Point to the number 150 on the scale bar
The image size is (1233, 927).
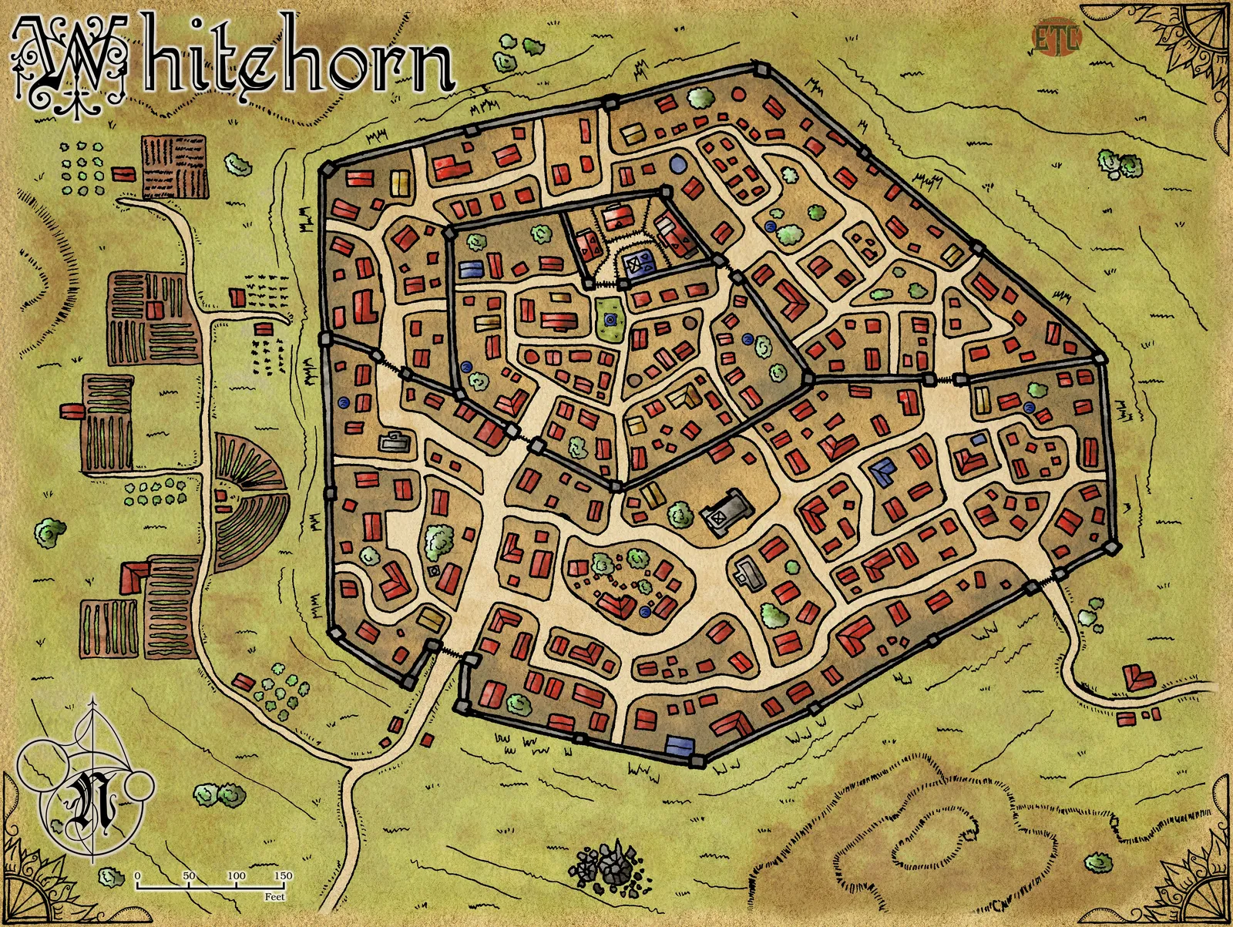coord(283,876)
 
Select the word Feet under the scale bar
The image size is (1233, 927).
coord(274,897)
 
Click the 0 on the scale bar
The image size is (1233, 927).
coord(137,876)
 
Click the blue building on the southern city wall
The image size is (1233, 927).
coord(677,744)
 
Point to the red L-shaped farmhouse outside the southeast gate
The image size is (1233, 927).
coord(1138,679)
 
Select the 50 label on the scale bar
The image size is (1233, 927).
coord(189,876)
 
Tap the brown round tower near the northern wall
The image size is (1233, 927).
coord(737,95)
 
